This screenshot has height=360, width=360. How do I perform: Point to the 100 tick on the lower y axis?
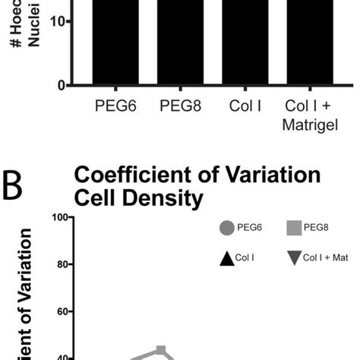coord(59,217)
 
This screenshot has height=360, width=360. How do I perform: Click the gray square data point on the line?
coord(160,351)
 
